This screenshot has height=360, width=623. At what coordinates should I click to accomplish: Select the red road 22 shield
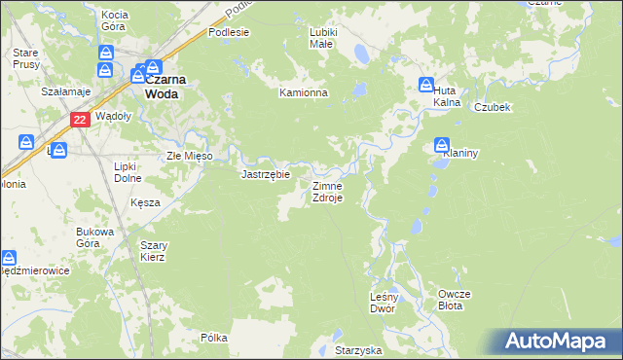[81, 119]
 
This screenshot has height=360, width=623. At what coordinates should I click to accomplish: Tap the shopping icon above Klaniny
[442, 144]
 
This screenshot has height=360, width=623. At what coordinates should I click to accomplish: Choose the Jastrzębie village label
[265, 175]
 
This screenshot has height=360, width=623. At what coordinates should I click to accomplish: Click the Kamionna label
[304, 93]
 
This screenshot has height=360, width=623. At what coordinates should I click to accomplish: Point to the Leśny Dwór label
[383, 302]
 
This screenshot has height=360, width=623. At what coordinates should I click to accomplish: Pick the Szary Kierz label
[153, 251]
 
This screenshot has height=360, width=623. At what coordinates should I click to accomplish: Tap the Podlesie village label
[229, 32]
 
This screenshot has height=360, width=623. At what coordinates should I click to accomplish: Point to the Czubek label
[493, 107]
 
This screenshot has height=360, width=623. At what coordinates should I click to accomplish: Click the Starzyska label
[357, 349]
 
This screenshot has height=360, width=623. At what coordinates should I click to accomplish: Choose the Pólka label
[214, 338]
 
